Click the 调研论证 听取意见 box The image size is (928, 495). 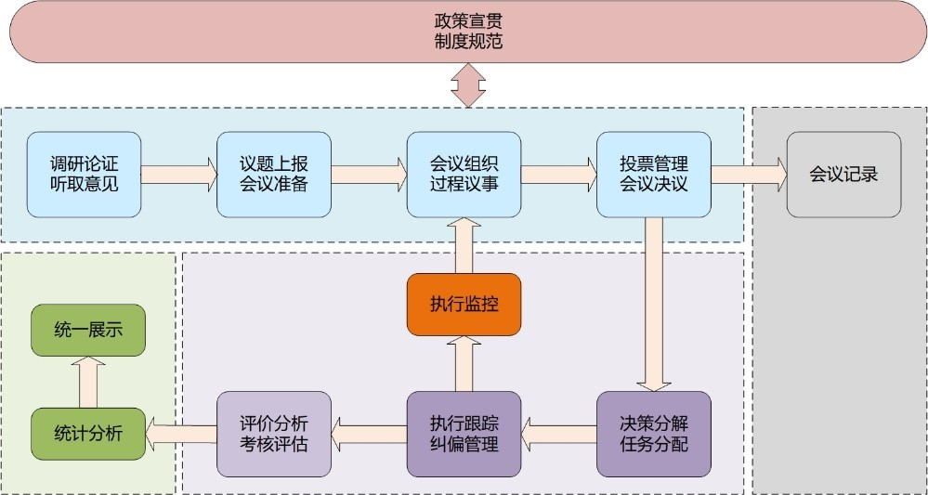tap(85, 175)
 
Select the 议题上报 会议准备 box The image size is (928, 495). tap(274, 175)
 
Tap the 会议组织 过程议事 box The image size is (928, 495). tap(464, 175)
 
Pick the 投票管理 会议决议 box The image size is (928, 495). tap(653, 175)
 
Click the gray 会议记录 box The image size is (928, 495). tap(843, 175)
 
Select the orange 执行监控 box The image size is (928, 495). tap(464, 305)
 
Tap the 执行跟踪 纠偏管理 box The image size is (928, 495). tap(464, 434)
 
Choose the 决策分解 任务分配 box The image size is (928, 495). tap(653, 434)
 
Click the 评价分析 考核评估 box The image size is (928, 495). tap(274, 434)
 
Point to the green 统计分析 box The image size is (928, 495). tap(88, 434)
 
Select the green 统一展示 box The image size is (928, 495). tap(88, 330)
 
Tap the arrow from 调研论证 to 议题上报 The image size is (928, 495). tap(178, 175)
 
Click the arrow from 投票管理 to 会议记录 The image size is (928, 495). tap(748, 175)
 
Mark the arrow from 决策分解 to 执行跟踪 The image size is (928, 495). tap(558, 429)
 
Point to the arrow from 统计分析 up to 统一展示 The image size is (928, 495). tap(89, 382)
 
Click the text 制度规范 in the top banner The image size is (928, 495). tap(468, 42)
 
